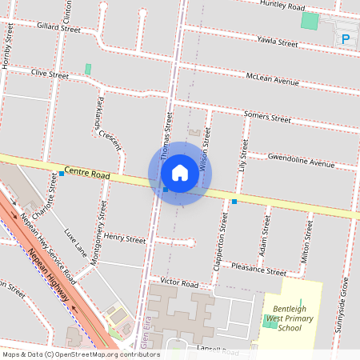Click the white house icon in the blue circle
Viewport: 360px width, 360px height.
coord(180,173)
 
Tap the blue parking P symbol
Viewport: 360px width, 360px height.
coord(346,38)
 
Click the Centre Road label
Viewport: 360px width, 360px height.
coord(87,172)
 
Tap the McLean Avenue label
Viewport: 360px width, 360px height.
coord(272,78)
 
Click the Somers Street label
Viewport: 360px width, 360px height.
coord(267,117)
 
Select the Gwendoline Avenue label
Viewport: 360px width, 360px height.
coord(301,160)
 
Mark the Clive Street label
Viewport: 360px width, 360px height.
coord(50,74)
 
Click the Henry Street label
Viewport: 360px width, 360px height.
coord(125,238)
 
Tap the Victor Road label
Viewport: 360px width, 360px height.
coord(178,283)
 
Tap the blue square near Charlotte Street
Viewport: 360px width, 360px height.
coord(62,174)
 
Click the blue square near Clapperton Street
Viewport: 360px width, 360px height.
coord(234,202)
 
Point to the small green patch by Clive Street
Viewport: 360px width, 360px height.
coord(88,70)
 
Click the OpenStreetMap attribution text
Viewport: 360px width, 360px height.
coord(81,354)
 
